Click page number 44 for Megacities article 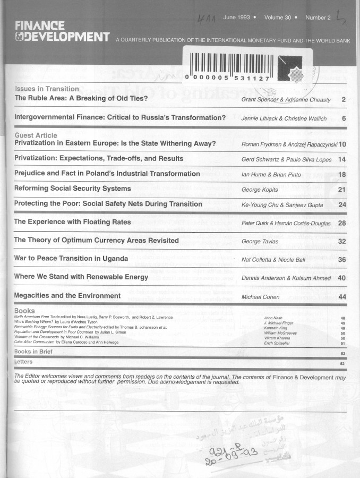click(x=342, y=296)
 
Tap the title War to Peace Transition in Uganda click(x=71, y=259)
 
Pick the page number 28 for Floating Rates click(x=342, y=223)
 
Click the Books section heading click(x=24, y=311)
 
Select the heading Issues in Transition click(x=47, y=89)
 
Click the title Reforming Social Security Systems click(x=72, y=189)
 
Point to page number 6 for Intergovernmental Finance click(x=344, y=118)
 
